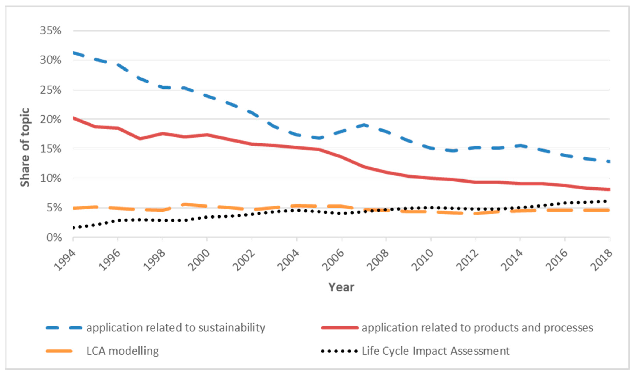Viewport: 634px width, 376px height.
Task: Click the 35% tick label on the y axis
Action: pos(51,31)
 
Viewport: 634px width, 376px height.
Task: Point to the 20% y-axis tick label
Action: pos(51,119)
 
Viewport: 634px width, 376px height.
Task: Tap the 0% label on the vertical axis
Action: pos(54,238)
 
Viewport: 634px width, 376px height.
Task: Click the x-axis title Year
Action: pos(341,287)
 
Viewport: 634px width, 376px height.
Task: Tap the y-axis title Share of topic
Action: pos(25,147)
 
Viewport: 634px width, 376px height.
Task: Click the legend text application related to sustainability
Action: pos(176,328)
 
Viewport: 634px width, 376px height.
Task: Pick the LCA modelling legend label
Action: pos(123,351)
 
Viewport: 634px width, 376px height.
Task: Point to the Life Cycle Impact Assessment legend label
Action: pos(436,351)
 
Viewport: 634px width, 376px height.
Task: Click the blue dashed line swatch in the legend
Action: pos(64,328)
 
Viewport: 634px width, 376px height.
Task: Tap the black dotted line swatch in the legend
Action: pos(339,351)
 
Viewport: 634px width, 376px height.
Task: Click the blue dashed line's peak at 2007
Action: pos(364,125)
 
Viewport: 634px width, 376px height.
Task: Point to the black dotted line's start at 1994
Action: pos(73,228)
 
